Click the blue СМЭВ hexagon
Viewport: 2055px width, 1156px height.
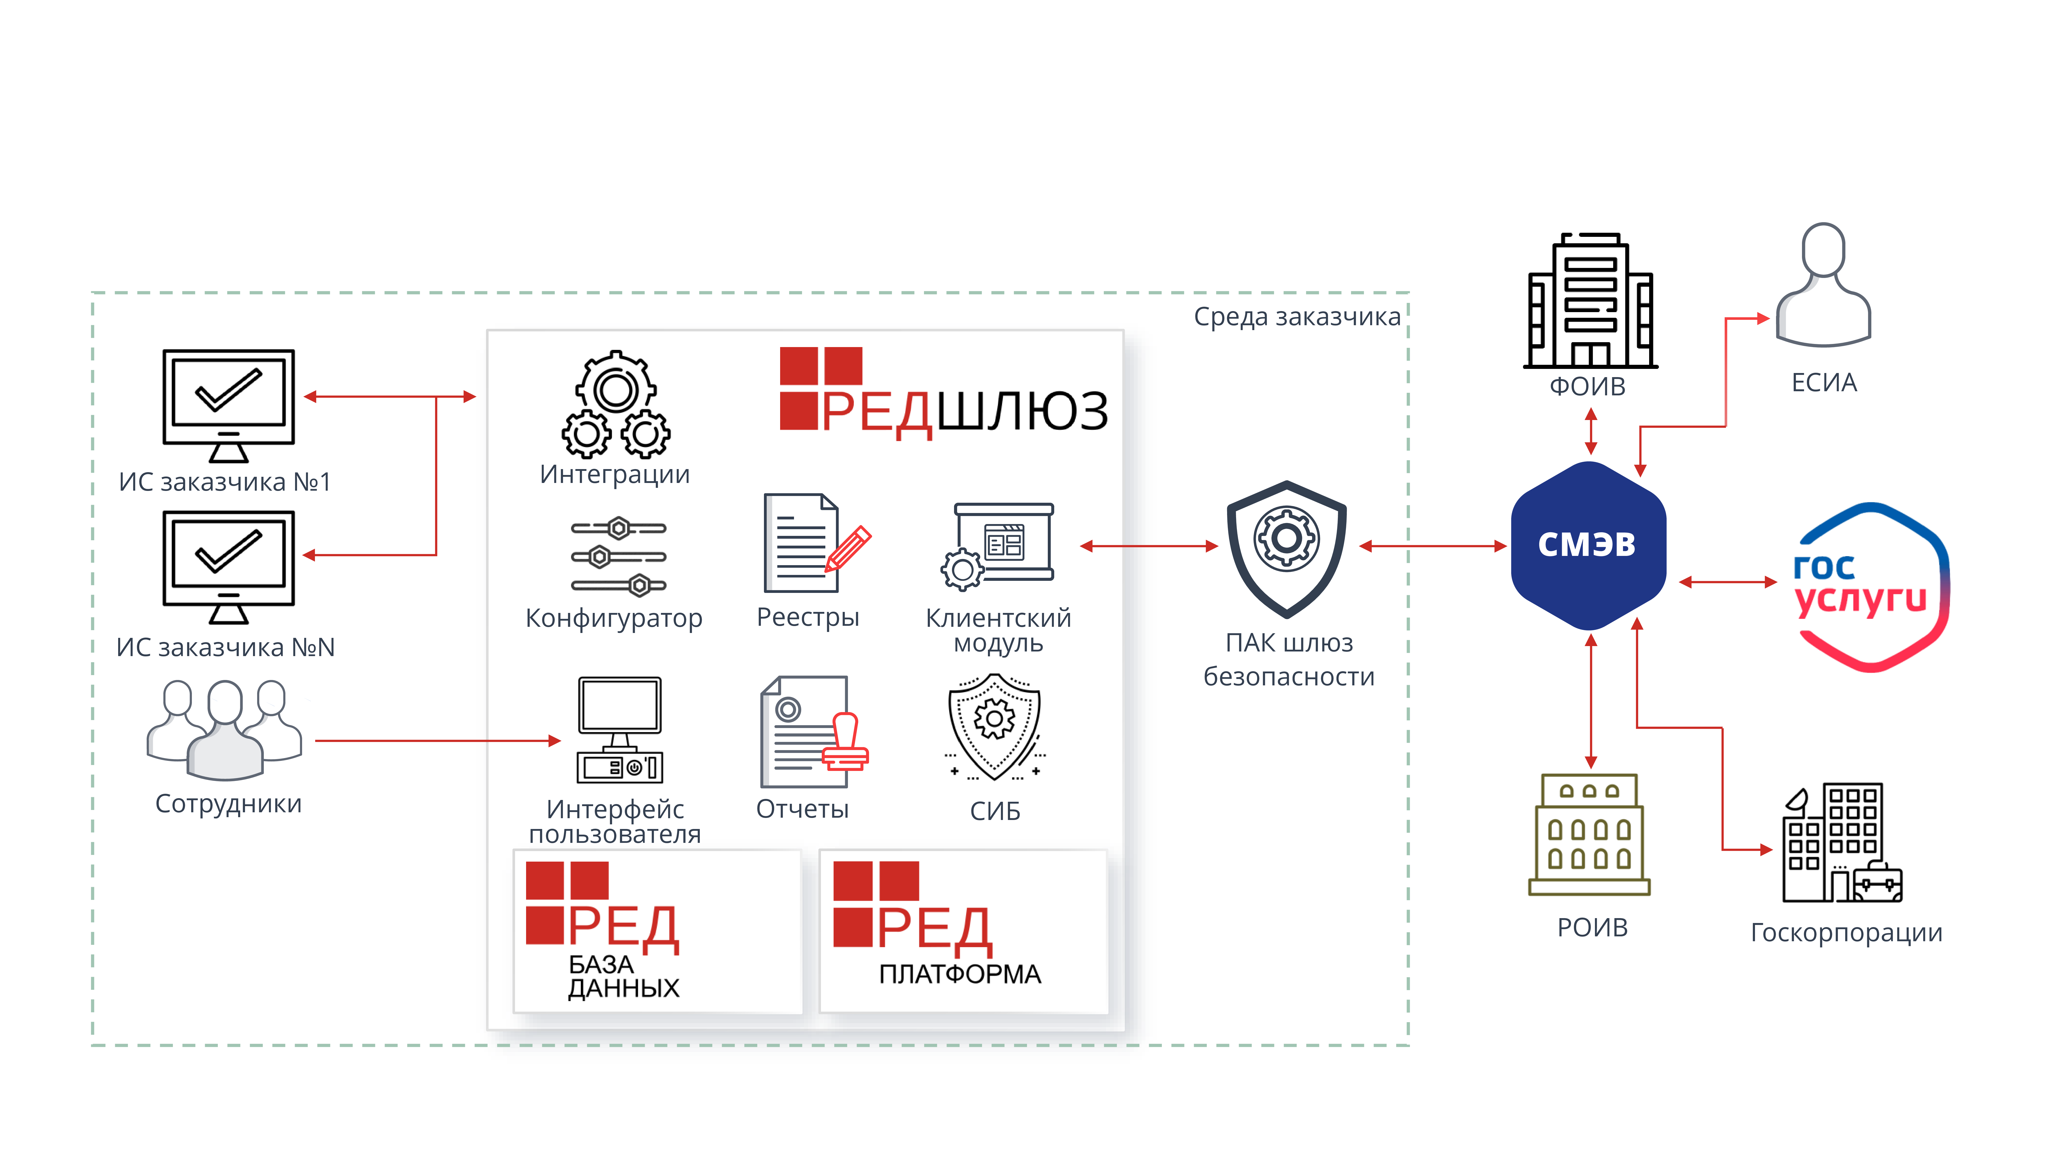(1587, 546)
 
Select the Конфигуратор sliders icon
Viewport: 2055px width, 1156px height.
(618, 557)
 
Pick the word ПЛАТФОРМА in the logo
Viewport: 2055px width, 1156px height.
(960, 974)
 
